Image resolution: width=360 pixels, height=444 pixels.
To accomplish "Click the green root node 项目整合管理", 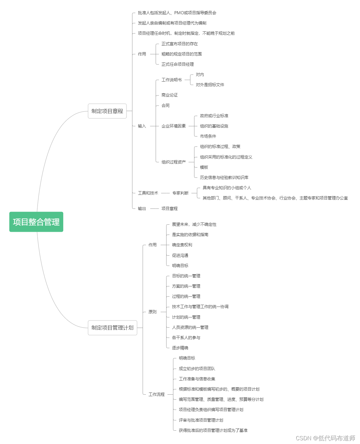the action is tap(36, 222).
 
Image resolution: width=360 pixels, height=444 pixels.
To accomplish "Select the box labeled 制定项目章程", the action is tap(107, 111).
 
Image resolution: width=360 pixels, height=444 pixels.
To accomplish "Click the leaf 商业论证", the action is tap(169, 95).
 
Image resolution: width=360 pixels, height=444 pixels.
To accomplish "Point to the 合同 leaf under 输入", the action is tap(165, 105).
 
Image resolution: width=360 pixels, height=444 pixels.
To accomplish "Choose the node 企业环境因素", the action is tap(173, 126).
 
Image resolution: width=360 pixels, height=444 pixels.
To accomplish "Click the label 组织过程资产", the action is tap(173, 162).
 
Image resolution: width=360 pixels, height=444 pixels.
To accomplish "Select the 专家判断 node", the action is tap(180, 193).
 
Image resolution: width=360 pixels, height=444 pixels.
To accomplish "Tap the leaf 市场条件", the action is tap(208, 136).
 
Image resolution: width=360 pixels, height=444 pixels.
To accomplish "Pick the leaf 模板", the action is tap(204, 167).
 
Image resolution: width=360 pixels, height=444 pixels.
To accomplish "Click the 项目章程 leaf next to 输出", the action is tap(169, 208).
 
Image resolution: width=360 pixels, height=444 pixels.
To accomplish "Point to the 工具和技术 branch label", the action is tap(148, 193).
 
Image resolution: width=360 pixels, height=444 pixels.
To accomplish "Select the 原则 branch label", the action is tap(152, 312).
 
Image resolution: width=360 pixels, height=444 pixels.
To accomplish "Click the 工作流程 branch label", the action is tap(156, 394).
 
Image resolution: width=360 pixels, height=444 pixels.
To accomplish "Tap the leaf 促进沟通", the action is tap(180, 255).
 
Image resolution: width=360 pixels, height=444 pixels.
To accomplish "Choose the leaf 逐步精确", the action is tap(180, 348).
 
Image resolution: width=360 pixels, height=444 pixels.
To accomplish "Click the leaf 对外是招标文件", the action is tap(210, 85).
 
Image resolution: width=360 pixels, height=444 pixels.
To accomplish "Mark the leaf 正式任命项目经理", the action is tap(177, 64).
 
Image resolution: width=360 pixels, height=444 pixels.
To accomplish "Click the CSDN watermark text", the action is tap(325, 438).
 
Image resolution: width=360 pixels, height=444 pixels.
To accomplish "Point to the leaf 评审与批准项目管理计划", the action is tap(201, 420).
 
